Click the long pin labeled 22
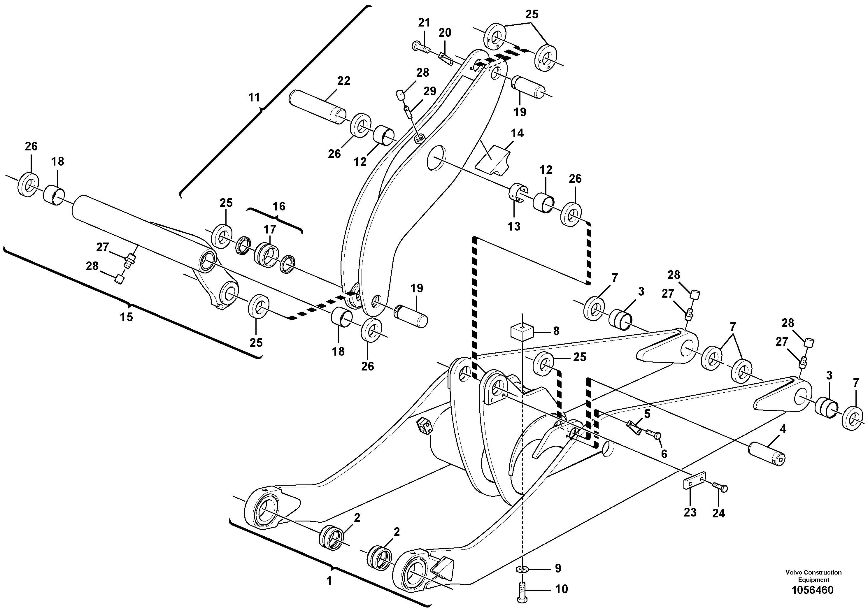(x=318, y=102)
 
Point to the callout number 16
(x=279, y=206)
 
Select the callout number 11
(x=254, y=98)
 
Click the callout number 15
(x=127, y=317)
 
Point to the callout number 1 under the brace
(x=329, y=581)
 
